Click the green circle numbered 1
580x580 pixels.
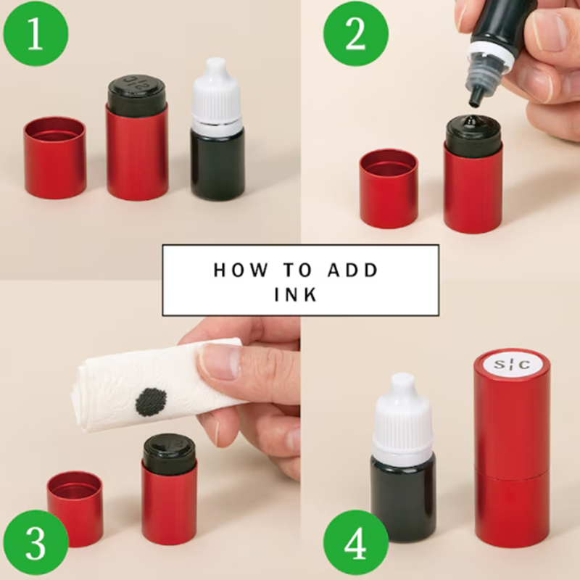click(x=36, y=34)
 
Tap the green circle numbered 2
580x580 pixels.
click(x=356, y=34)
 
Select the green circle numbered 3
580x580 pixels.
click(x=35, y=543)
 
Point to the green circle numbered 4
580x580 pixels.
click(x=356, y=543)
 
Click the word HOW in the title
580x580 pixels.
click(x=240, y=270)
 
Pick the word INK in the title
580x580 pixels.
click(x=296, y=294)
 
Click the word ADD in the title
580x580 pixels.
click(x=352, y=270)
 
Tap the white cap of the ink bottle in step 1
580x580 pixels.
click(x=216, y=92)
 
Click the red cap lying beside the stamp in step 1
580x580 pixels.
click(x=55, y=158)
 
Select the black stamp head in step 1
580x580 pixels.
click(x=137, y=91)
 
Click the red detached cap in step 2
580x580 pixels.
click(x=389, y=188)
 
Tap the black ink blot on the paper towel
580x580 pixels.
click(x=151, y=402)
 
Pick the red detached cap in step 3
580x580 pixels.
click(x=75, y=509)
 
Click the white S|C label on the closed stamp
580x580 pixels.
click(x=513, y=365)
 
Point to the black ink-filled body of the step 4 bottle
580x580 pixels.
click(x=403, y=500)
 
